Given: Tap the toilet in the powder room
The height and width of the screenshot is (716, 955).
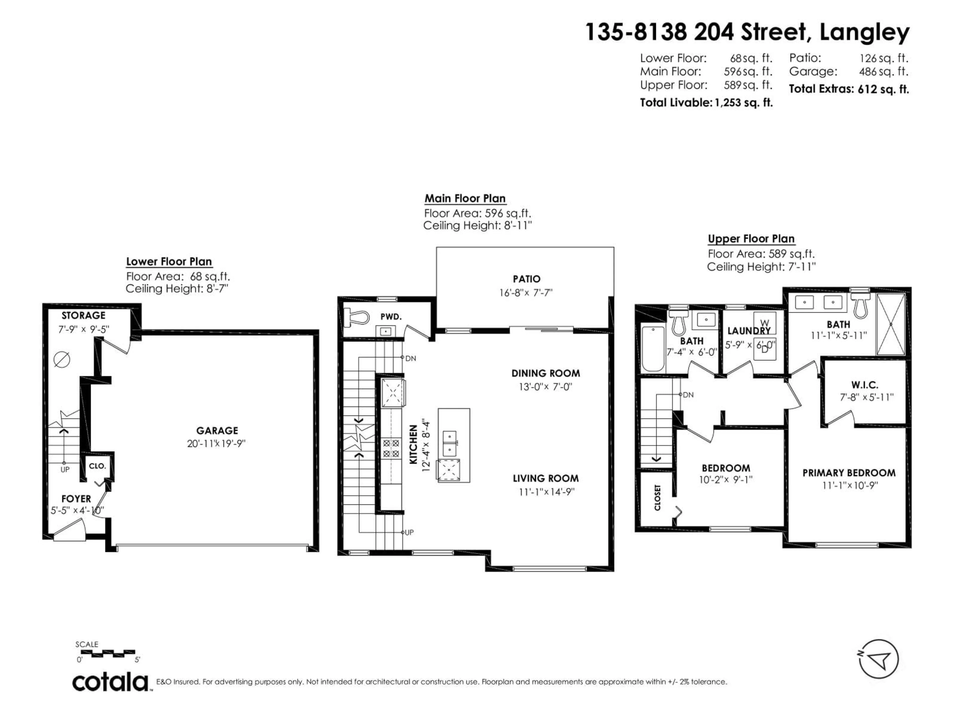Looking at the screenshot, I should pyautogui.click(x=357, y=318).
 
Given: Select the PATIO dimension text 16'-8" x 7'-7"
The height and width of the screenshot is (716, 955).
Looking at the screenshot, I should pyautogui.click(x=525, y=293).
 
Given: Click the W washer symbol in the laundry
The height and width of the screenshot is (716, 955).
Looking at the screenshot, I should pyautogui.click(x=764, y=323).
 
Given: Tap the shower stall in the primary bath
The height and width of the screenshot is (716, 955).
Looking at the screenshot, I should pyautogui.click(x=890, y=324).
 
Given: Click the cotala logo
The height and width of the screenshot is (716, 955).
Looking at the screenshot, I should pyautogui.click(x=110, y=683).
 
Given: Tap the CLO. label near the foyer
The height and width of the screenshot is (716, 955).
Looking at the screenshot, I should pyautogui.click(x=97, y=466).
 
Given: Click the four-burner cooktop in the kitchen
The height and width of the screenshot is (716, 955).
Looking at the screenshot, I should pyautogui.click(x=391, y=448).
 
